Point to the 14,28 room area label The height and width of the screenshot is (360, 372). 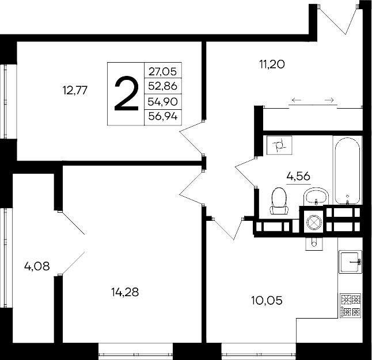point(124,292)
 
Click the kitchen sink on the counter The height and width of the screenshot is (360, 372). point(350,262)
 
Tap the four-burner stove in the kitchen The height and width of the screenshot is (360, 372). point(351,305)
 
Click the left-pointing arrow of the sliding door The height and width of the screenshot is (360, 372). point(297,101)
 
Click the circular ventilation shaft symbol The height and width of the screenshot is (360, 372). point(314,221)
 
